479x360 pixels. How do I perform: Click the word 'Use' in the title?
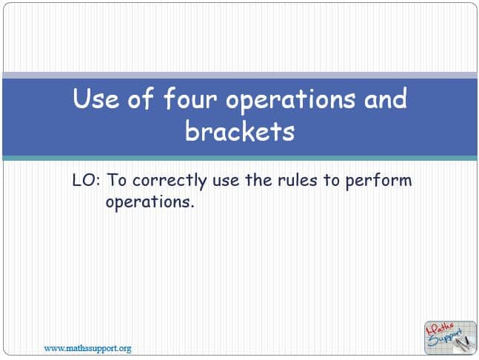pos(96,99)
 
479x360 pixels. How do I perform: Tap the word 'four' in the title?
pos(190,98)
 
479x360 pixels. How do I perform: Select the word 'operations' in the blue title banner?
pos(290,101)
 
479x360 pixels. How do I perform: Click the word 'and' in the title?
pos(385,98)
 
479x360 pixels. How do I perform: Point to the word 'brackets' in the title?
pos(240,130)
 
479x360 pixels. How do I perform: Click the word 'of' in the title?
pos(141,98)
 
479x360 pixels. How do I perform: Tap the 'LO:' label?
pos(86,180)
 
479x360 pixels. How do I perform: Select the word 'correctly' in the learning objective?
pos(170,181)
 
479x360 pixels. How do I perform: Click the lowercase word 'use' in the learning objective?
pos(226,181)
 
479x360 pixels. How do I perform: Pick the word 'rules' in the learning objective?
pos(297,180)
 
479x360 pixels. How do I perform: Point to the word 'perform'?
pos(378,181)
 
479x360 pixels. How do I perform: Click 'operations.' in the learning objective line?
pos(150,202)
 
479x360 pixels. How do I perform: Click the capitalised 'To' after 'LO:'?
pos(116,180)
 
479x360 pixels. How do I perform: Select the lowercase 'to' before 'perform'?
pos(332,180)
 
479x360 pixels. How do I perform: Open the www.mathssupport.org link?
pos(87,348)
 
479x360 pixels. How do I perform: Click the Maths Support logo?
pos(450,337)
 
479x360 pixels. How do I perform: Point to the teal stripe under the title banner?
pos(240,158)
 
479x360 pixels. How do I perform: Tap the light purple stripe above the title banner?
pos(240,75)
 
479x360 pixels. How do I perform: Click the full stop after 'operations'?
pos(192,207)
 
